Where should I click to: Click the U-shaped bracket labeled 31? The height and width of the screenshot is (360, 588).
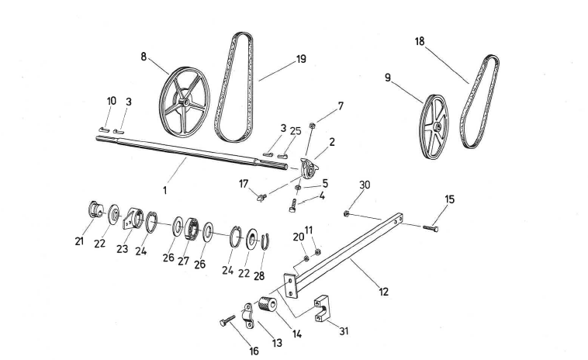point(323,309)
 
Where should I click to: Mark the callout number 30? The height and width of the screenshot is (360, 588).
point(365,184)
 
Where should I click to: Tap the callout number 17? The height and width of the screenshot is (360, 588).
point(244,184)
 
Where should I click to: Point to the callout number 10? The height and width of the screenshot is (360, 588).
point(111,101)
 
